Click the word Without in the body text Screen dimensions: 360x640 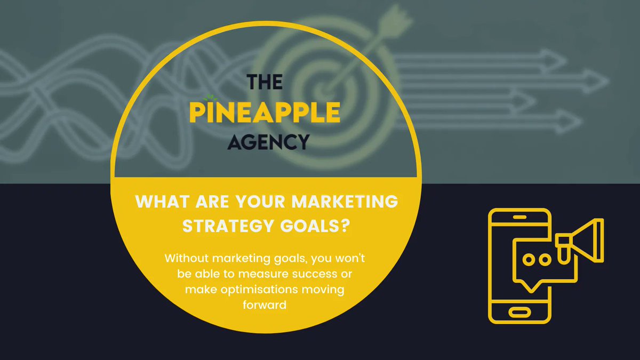pyautogui.click(x=186, y=259)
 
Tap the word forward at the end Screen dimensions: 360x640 pyautogui.click(x=266, y=305)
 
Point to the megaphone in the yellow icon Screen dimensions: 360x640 pyautogui.click(x=581, y=240)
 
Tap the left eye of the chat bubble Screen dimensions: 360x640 pyautogui.click(x=528, y=260)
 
